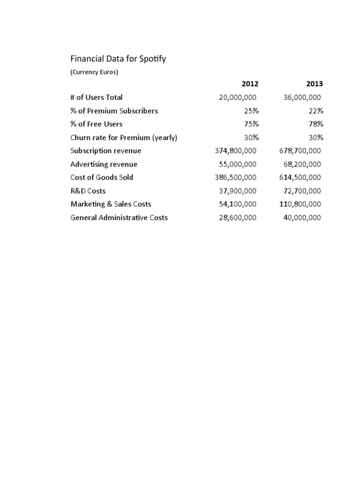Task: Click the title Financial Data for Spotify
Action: point(118,59)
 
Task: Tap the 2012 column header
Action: point(249,84)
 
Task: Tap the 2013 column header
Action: point(315,84)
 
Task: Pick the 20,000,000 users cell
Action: point(238,97)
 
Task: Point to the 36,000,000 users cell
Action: point(302,97)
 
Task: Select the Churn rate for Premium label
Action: point(124,138)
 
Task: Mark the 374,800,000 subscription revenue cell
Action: point(235,151)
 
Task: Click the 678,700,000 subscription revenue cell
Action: point(300,151)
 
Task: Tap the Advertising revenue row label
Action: point(104,165)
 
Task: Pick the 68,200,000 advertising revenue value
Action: point(302,165)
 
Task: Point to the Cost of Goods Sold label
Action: point(102,177)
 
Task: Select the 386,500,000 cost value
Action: point(235,178)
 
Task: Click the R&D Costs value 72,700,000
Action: point(302,191)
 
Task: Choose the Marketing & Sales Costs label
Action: point(111,204)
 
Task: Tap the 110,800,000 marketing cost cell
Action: point(300,204)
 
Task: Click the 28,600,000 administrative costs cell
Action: point(238,217)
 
